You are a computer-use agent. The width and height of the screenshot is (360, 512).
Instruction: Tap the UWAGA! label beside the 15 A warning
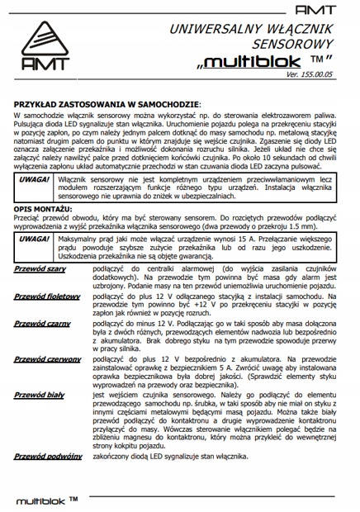pos(36,239)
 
